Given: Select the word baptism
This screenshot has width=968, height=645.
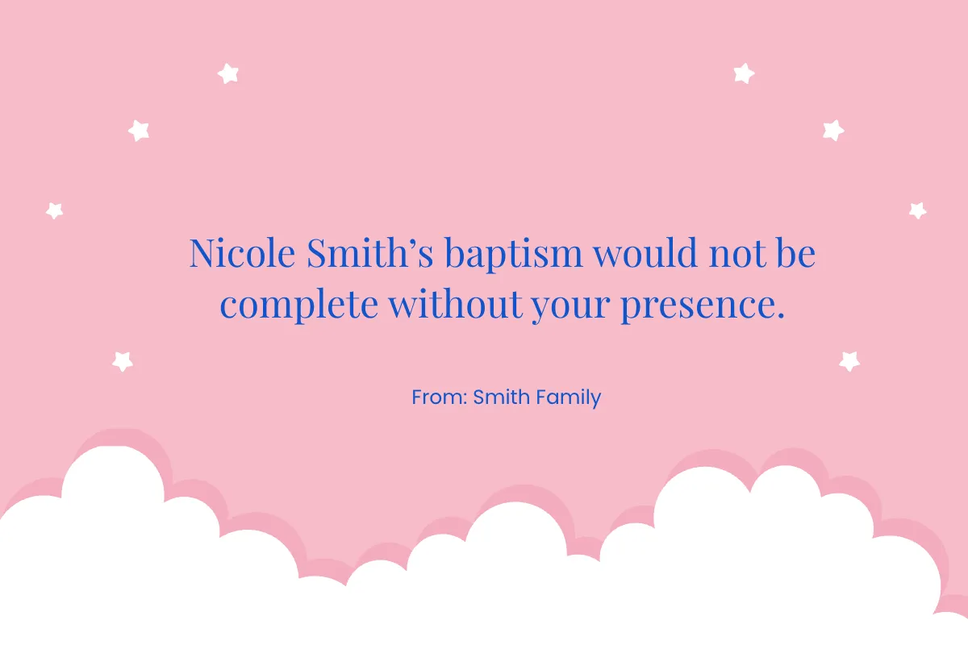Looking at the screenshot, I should click(x=513, y=255).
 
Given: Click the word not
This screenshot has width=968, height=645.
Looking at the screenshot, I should click(x=735, y=255).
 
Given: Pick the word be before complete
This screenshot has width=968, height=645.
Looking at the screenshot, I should click(x=795, y=253).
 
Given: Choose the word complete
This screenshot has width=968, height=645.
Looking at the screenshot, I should click(x=298, y=306).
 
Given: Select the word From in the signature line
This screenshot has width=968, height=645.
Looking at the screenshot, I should click(x=434, y=397).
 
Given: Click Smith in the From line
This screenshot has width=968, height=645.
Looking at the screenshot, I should click(x=499, y=397).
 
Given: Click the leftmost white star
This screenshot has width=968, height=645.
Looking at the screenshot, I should click(x=54, y=210).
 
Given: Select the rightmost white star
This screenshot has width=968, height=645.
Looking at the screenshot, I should click(x=917, y=210).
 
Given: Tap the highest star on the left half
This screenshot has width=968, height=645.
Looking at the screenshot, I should click(x=228, y=73).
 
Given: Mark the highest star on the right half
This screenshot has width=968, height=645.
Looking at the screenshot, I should click(x=744, y=73).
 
